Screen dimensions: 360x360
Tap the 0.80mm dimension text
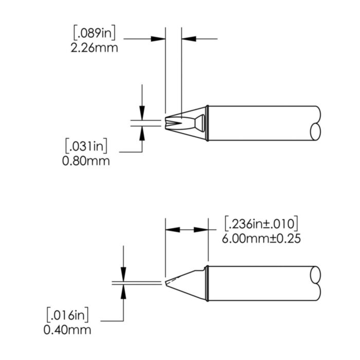(x=86, y=161)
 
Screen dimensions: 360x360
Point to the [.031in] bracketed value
(x=86, y=147)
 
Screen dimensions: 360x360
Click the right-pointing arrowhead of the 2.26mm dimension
(x=159, y=38)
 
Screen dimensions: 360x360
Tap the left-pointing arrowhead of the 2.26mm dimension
(x=188, y=38)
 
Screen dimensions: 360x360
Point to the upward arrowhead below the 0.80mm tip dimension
(x=142, y=132)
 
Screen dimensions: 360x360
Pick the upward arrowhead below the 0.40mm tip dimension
(x=123, y=291)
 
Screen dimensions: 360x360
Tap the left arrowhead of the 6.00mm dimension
(x=172, y=230)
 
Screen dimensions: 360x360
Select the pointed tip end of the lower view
(x=167, y=283)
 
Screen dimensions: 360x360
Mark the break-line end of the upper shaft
(x=317, y=123)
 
